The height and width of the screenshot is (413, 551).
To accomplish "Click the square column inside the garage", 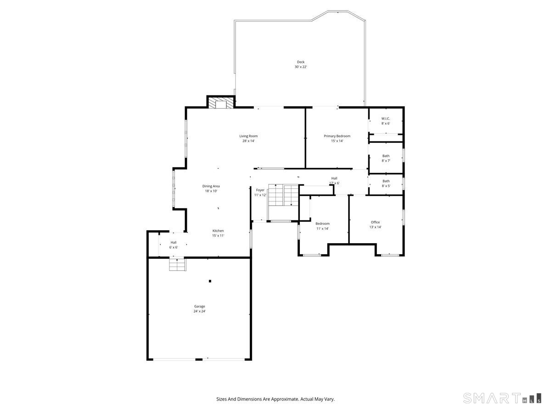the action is (x=210, y=281).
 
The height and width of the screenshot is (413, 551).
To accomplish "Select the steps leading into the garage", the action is (x=177, y=265).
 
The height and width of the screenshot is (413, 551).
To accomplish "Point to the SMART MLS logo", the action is (x=502, y=398).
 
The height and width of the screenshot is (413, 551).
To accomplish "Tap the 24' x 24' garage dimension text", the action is (x=199, y=311).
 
